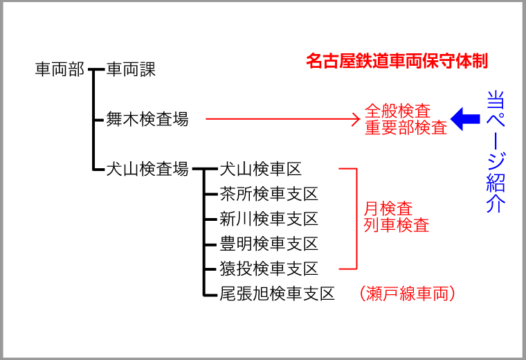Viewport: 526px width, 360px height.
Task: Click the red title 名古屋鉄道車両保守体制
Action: tap(397, 61)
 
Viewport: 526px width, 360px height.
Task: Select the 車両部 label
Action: tap(60, 69)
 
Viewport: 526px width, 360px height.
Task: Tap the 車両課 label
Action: tap(131, 69)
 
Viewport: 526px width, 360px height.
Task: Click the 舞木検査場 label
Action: tap(147, 119)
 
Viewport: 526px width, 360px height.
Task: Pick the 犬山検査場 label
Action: tap(147, 169)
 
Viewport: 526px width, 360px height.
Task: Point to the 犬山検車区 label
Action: tap(261, 169)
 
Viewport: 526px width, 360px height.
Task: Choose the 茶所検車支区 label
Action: tap(269, 194)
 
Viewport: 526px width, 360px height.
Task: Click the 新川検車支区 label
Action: tap(269, 219)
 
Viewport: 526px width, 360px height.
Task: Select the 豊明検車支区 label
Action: tap(269, 244)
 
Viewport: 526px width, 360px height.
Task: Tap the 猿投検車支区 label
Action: tap(269, 269)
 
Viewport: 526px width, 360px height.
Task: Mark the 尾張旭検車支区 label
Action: tap(277, 294)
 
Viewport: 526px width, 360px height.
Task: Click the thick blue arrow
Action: tap(465, 119)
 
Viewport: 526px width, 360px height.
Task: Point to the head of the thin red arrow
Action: tap(360, 119)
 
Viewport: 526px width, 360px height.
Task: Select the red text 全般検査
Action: tap(397, 111)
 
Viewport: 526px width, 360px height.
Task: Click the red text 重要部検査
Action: tap(406, 127)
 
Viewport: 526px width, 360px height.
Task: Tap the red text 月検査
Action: tap(388, 208)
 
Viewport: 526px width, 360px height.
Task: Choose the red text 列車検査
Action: tap(397, 225)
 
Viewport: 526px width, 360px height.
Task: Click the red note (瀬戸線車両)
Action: tap(407, 294)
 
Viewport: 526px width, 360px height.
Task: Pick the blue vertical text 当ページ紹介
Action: tap(496, 152)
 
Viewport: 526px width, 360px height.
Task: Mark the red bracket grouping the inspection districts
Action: tap(356, 219)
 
